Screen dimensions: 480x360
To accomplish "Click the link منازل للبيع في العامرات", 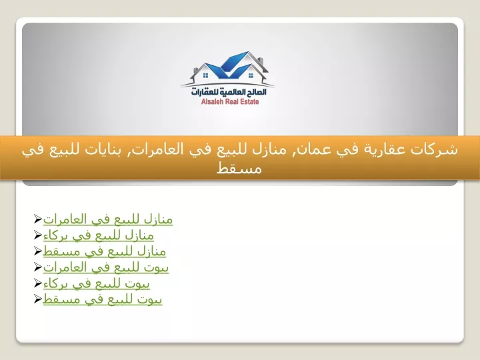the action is pyautogui.click(x=108, y=219).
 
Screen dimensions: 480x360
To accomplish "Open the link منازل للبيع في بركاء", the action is pyautogui.click(x=98, y=235).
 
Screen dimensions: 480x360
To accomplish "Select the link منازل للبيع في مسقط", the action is pyautogui.click(x=105, y=251).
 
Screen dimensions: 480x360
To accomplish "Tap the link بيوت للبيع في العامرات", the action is pyautogui.click(x=106, y=267).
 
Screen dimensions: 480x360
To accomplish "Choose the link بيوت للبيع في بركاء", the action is pyautogui.click(x=97, y=283).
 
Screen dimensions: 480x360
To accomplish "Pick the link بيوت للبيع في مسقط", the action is pyautogui.click(x=103, y=299).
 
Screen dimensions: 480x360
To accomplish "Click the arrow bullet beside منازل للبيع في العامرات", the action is pyautogui.click(x=37, y=219).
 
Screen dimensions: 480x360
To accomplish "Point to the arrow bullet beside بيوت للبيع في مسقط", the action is pyautogui.click(x=37, y=299).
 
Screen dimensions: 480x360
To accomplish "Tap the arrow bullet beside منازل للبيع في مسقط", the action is pyautogui.click(x=37, y=251).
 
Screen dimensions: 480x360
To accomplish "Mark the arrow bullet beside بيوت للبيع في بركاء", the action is pyautogui.click(x=37, y=283).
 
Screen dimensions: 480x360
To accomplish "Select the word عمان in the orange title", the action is pyautogui.click(x=307, y=150).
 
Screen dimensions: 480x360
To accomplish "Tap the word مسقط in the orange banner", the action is pyautogui.click(x=239, y=169).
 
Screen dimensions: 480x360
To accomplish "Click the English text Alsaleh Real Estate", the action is pyautogui.click(x=230, y=101).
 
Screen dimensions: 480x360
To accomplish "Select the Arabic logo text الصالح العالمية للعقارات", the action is pyautogui.click(x=229, y=91).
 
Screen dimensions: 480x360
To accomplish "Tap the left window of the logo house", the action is pyautogui.click(x=206, y=75).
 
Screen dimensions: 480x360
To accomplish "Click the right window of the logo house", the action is pyautogui.click(x=251, y=75).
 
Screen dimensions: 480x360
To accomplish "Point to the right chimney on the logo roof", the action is pyautogui.click(x=261, y=61).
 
